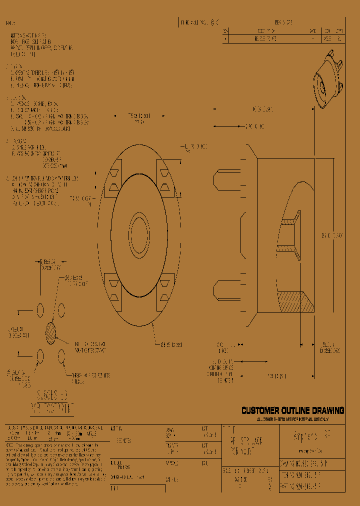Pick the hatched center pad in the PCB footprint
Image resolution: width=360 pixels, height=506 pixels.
click(x=50, y=333)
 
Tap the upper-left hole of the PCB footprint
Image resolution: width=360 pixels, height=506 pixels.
click(x=40, y=310)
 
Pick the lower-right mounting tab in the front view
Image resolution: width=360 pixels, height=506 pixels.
click(x=165, y=291)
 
